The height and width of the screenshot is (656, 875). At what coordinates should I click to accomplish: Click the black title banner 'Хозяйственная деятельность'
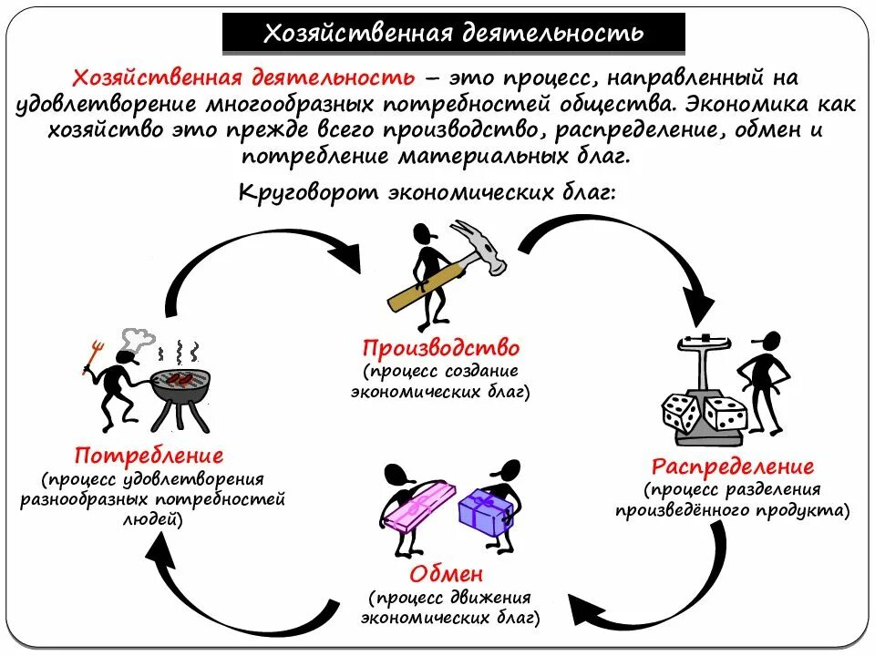(453, 34)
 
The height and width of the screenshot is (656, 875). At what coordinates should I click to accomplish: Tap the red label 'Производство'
(440, 348)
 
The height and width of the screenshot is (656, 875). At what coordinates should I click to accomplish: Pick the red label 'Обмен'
(446, 574)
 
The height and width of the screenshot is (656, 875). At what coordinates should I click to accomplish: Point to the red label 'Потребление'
(149, 454)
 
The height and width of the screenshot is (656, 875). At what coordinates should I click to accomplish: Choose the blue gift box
(486, 513)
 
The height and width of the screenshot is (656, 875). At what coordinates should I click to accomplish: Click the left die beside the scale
(682, 415)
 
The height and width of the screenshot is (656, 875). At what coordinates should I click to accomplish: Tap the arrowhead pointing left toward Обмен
(583, 610)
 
